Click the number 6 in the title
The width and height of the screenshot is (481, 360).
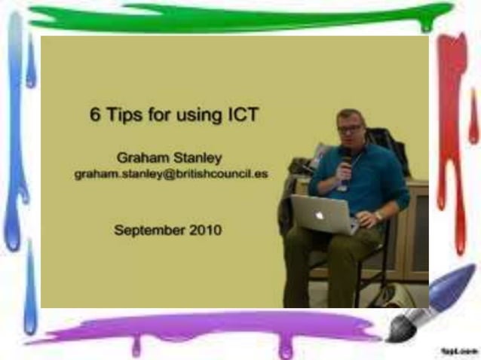94,117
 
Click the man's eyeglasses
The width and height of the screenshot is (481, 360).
350,130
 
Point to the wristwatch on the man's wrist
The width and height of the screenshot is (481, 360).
378,216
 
